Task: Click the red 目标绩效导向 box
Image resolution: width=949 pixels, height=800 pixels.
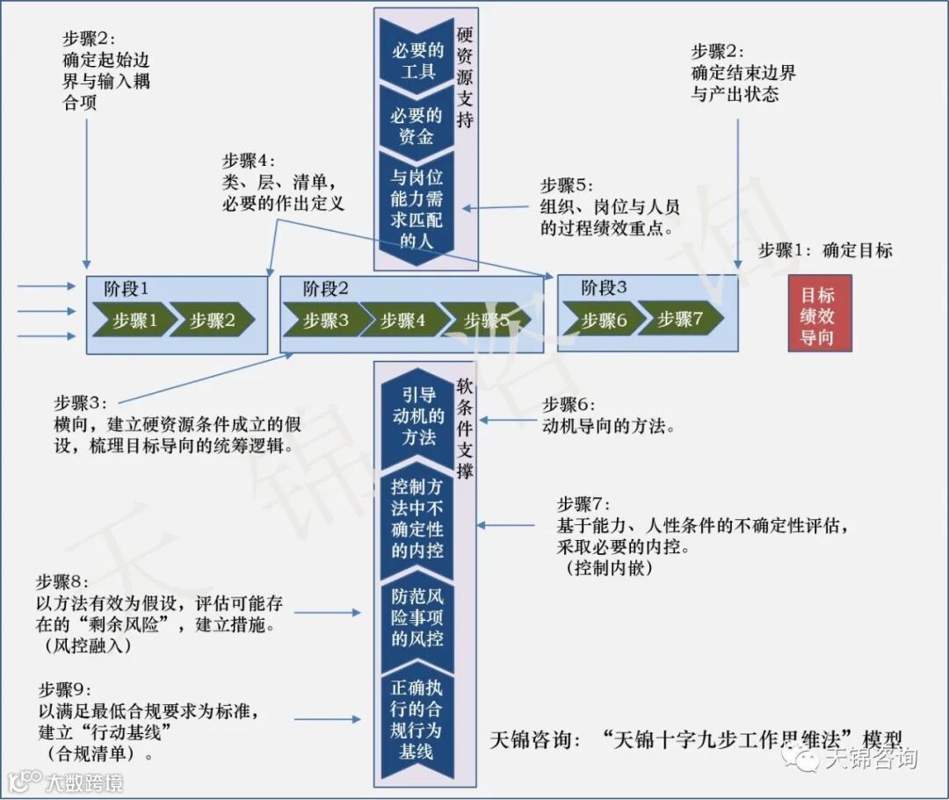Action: (819, 313)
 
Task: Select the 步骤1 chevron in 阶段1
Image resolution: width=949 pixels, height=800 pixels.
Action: (134, 321)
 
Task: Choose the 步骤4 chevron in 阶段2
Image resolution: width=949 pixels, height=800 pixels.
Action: (402, 321)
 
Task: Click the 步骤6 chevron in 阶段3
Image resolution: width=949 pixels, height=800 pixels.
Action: (603, 321)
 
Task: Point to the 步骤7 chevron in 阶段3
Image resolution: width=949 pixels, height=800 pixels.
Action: (680, 321)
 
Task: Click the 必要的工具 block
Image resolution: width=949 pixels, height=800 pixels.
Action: (417, 58)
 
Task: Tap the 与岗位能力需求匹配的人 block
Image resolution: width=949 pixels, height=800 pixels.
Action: (417, 207)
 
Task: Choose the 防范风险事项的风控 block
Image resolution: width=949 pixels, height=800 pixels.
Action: (417, 616)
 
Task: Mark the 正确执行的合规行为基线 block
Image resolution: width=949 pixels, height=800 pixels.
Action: (417, 719)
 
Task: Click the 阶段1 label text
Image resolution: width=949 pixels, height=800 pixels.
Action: (127, 287)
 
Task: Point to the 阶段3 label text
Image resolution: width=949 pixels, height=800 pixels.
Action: (604, 287)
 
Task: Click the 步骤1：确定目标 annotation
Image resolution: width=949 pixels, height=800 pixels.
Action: (824, 250)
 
